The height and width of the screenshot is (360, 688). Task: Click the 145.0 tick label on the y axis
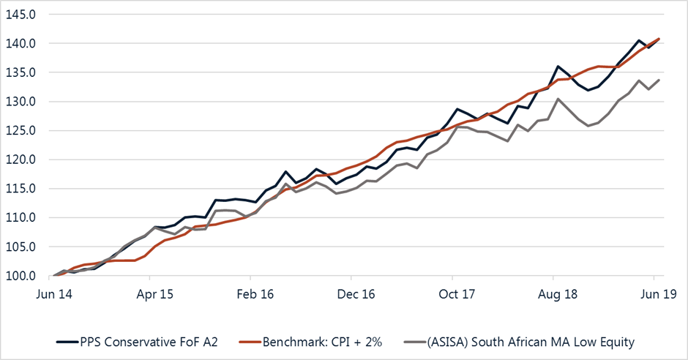[x=20, y=15]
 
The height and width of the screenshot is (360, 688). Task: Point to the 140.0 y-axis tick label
[x=20, y=43]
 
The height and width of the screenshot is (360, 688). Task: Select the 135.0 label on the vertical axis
[x=20, y=72]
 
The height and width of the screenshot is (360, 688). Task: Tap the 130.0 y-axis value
[x=20, y=102]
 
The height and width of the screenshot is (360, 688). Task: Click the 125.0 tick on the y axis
[x=20, y=131]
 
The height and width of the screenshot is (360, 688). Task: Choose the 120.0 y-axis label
[x=20, y=160]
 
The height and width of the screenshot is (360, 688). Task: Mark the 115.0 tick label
[x=20, y=189]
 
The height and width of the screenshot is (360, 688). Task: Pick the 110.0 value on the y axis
[x=20, y=218]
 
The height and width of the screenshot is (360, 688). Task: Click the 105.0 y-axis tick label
[x=20, y=247]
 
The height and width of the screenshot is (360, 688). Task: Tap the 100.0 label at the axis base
[x=20, y=277]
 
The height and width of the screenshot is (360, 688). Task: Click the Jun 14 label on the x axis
[x=54, y=294]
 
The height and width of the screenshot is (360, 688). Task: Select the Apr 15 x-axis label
[x=155, y=294]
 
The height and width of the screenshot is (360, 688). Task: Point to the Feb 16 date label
[x=255, y=294]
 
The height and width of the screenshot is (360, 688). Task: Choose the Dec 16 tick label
[x=356, y=294]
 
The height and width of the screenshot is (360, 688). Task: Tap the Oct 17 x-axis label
[x=457, y=294]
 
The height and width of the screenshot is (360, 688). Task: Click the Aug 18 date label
[x=558, y=294]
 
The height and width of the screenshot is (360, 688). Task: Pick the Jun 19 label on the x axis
[x=659, y=294]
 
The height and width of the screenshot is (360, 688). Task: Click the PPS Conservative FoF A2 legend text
[x=149, y=342]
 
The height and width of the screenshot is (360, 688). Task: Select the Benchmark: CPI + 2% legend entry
[x=323, y=342]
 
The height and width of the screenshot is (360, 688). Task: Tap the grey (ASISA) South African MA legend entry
[x=531, y=342]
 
